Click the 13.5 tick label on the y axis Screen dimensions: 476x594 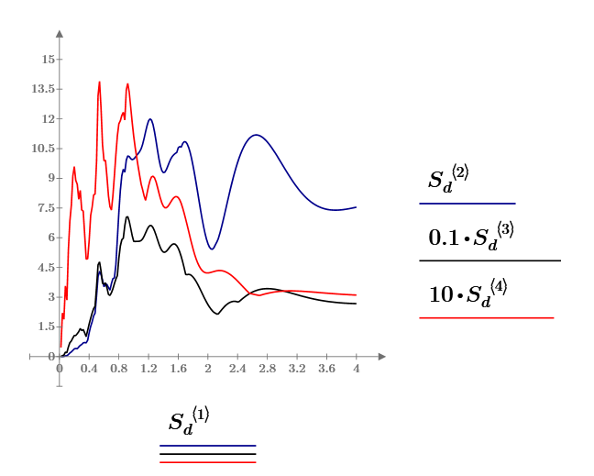41,89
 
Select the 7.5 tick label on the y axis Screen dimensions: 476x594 43,208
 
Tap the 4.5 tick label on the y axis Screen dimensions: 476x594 43,268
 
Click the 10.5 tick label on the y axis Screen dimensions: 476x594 41,149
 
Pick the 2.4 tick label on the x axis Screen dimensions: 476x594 237,369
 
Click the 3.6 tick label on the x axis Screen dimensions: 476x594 326,369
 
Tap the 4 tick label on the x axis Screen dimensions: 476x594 357,369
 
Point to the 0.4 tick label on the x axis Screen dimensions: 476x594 89,369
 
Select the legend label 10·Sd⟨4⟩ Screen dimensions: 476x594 467,293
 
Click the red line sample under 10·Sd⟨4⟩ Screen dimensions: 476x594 486,317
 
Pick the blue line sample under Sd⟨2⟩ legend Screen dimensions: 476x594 467,203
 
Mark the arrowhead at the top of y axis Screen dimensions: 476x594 60,34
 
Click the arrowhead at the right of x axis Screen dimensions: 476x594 383,356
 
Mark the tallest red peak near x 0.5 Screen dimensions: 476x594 99,82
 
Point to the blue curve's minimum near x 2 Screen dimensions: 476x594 211,249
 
